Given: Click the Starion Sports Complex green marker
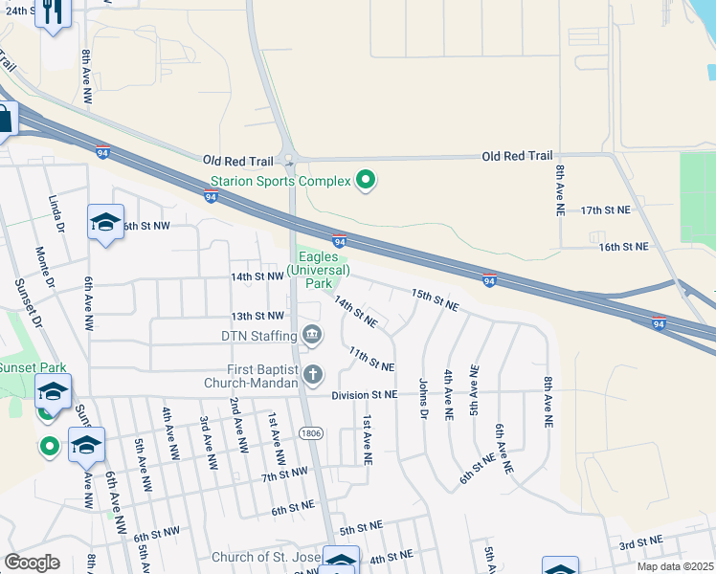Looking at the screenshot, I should point(365,179).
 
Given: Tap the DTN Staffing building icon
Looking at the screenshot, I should point(311,334).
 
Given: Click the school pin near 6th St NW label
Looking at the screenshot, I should point(105,223).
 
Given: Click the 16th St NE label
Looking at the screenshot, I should point(623,247).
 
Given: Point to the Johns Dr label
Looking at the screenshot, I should point(422,398).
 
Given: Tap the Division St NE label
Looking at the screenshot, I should point(364,394).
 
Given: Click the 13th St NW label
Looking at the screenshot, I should point(257,316).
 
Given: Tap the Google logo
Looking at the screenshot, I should point(33,562).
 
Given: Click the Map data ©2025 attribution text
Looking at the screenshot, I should point(676,566).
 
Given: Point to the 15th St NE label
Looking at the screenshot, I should point(436,300).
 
